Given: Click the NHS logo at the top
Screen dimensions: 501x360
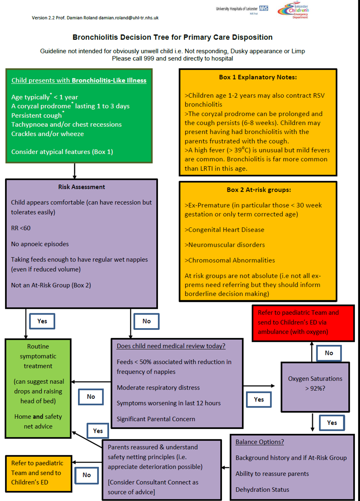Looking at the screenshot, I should point(264,8).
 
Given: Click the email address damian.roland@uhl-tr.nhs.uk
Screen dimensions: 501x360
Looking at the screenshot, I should point(128,18).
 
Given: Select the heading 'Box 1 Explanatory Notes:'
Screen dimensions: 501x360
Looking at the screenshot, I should point(258,77).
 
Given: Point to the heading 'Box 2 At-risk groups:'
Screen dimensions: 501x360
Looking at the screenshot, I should point(259,190).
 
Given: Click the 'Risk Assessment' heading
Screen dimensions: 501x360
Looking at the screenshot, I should point(81,187).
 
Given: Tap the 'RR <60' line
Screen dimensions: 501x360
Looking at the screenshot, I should point(21,228).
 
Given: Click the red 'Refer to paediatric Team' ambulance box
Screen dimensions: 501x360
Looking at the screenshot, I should point(303,322).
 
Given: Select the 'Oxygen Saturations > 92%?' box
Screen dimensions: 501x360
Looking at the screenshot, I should point(315,384).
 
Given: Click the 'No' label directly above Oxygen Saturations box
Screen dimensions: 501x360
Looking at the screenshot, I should point(329,353).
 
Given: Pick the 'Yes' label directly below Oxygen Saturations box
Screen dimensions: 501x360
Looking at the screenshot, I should point(332,423).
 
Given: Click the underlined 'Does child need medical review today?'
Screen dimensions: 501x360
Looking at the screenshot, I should point(171,346).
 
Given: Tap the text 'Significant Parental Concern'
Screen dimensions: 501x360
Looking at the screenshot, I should point(156,419).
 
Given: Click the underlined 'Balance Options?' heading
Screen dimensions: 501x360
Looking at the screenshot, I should point(259,442).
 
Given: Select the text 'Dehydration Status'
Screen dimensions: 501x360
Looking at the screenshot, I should point(262,490).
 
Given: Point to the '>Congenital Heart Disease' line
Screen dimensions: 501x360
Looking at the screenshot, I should point(224,230).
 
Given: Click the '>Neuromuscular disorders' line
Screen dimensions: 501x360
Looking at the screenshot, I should point(225,245).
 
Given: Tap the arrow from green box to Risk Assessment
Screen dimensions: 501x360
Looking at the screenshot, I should point(74,171).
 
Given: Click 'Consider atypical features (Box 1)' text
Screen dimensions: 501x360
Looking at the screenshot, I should point(62,152).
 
